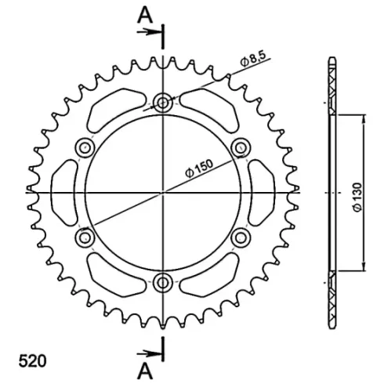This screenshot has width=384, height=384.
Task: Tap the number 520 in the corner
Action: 32,361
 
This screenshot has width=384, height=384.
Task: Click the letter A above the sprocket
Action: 145,15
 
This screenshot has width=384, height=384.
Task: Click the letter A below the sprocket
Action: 145,371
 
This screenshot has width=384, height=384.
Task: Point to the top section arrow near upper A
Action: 149,32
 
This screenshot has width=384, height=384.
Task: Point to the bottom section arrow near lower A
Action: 149,354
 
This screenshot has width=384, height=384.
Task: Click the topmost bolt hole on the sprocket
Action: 163,103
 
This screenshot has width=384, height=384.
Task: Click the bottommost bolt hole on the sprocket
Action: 163,283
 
